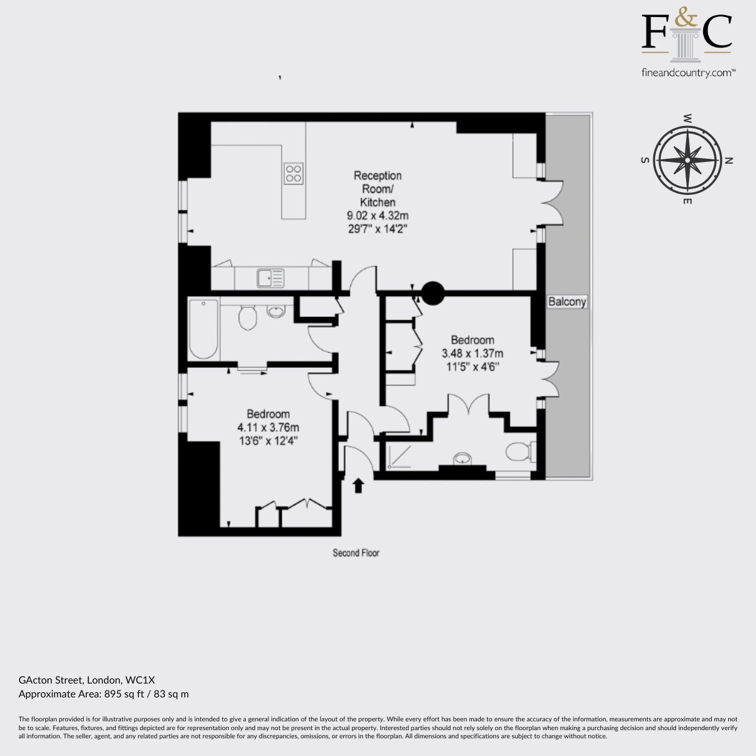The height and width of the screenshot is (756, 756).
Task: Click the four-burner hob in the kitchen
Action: (x=294, y=173)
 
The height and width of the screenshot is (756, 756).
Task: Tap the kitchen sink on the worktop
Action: (x=270, y=278)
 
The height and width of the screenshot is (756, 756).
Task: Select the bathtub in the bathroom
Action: (x=203, y=329)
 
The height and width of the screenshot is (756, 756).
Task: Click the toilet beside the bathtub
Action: (x=247, y=317)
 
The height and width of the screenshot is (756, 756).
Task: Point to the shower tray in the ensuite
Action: (x=399, y=457)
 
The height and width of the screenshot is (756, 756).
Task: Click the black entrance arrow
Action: (x=358, y=485)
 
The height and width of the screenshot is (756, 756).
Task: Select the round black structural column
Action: (x=433, y=293)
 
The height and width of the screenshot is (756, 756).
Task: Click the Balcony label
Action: (x=567, y=301)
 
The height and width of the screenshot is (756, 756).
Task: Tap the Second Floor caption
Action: (x=356, y=553)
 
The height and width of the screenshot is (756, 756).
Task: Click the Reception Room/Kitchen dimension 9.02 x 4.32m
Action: (x=377, y=215)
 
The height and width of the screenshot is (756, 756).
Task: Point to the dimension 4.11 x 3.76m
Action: (x=268, y=427)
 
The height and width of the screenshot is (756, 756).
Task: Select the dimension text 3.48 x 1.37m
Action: (x=472, y=353)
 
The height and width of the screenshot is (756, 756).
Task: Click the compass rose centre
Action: (x=687, y=160)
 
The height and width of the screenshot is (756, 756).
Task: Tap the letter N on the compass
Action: (x=728, y=161)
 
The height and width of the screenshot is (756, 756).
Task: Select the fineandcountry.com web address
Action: (x=689, y=73)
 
